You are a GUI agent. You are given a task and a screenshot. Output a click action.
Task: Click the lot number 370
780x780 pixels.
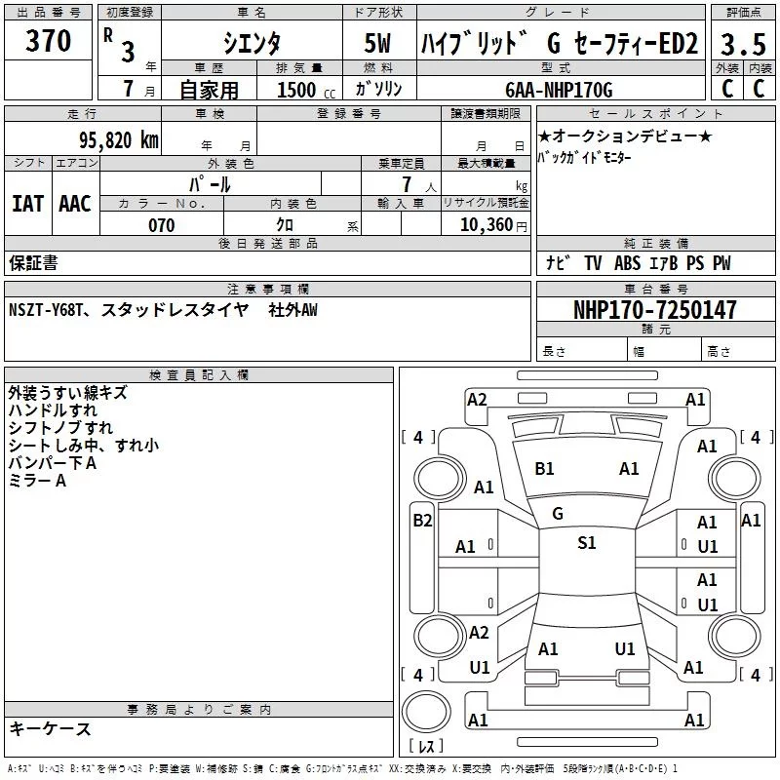pos(49,42)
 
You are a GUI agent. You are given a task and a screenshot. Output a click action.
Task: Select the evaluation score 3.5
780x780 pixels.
pos(741,45)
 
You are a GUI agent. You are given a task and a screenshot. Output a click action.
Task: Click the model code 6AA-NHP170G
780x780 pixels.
pos(560,90)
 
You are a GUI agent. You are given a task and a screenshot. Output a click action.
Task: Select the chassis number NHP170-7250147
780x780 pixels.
pos(654,310)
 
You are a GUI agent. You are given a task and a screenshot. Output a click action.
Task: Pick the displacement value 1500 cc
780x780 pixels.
pos(298,90)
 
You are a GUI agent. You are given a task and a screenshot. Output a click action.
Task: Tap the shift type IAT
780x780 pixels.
pos(27,204)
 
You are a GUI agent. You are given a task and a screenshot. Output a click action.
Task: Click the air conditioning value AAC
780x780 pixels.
pos(75,204)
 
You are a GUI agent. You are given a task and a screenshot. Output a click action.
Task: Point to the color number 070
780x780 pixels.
pos(161,225)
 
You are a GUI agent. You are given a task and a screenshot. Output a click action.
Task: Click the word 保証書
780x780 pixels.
pos(33,263)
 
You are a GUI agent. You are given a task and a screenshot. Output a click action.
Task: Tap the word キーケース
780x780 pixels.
pos(50,729)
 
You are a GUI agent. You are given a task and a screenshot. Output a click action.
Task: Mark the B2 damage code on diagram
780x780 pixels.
pos(422,521)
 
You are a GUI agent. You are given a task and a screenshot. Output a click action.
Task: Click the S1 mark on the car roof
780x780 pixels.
pos(586,543)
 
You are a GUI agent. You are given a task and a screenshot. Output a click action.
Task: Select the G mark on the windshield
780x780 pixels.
pos(558,514)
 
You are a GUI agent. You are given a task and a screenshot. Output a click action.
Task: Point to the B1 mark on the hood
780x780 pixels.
pos(544,469)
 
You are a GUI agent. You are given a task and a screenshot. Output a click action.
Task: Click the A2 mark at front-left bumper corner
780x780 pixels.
pos(477,399)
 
